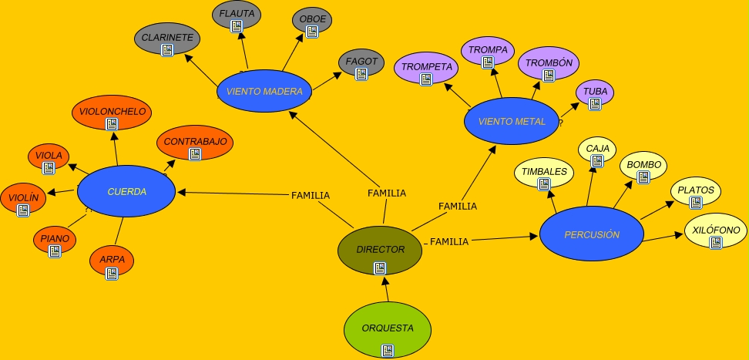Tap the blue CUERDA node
tap(126, 191)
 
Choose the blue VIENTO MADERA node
tap(264, 91)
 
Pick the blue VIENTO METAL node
tap(512, 121)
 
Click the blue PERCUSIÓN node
tap(591, 234)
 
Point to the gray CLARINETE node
tap(167, 39)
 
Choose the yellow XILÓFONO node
tap(716, 231)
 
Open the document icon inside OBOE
tap(312, 32)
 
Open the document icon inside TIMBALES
tap(544, 184)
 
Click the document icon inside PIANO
tap(55, 251)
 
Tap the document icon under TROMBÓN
tap(549, 76)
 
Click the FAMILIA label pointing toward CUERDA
tap(311, 196)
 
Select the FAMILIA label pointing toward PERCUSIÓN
tap(448, 242)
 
